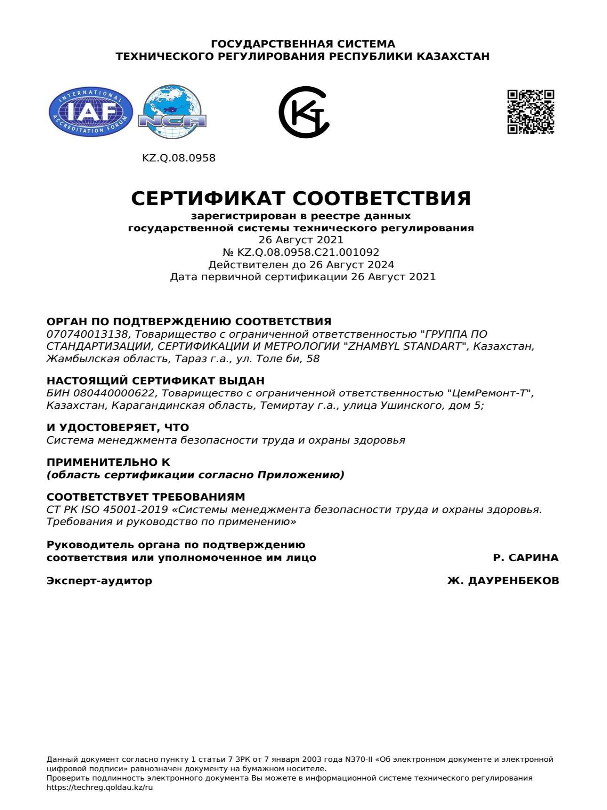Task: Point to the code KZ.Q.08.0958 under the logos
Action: point(179,158)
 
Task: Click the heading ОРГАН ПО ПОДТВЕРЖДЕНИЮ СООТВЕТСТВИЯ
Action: point(189,322)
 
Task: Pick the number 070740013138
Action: point(87,334)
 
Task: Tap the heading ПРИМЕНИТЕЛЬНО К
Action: point(108,462)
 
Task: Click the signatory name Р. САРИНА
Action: point(525,558)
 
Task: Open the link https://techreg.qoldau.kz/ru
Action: point(100,787)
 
